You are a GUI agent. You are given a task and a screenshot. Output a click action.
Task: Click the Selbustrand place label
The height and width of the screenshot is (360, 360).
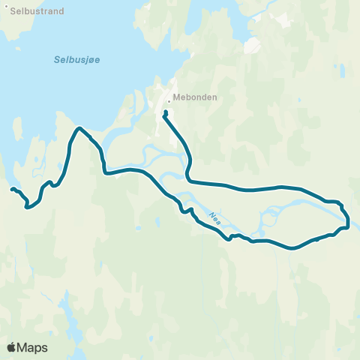(x=36, y=11)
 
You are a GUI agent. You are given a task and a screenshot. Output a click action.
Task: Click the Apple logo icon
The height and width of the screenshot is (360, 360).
(x=12, y=347)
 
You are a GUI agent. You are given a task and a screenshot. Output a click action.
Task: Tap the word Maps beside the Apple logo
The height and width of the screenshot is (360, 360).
(x=33, y=347)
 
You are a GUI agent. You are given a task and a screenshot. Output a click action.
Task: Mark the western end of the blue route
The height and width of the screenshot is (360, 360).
(x=11, y=189)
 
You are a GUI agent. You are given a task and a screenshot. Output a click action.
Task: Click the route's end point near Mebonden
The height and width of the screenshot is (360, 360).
(x=165, y=113)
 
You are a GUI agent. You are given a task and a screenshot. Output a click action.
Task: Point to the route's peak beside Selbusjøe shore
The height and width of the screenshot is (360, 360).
(x=79, y=129)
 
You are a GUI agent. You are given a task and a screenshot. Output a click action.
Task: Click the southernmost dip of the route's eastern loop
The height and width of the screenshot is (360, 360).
(x=292, y=247)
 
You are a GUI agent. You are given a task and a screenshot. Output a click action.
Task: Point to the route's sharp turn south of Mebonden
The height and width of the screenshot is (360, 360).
(x=189, y=179)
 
